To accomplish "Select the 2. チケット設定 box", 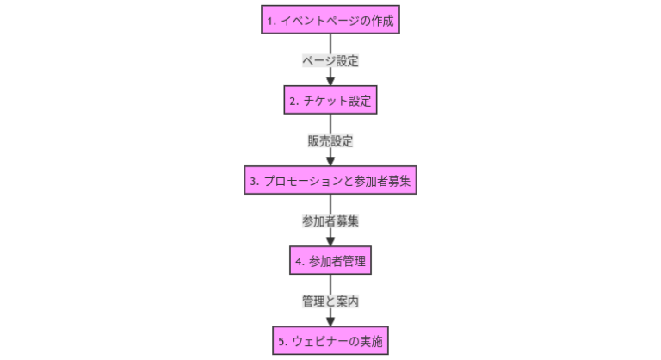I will [330, 101].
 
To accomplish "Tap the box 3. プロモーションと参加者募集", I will [330, 181].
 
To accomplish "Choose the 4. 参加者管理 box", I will [330, 261].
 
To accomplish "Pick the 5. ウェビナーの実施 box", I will [330, 341].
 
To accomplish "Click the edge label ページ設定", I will [330, 61].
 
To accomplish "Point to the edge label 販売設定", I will [330, 141].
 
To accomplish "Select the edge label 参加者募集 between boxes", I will [330, 221].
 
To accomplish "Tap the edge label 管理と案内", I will [330, 301].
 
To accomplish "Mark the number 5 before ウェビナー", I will [281, 341].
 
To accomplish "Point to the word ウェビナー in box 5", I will [317, 341].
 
